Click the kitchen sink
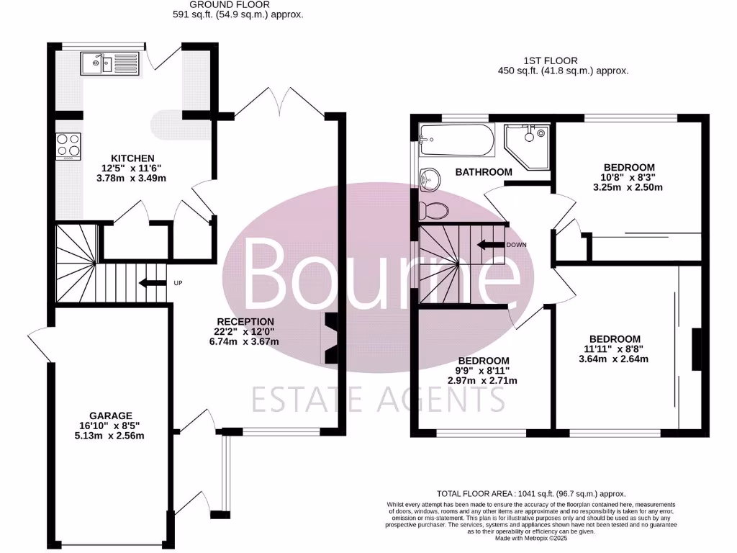[x=104, y=63]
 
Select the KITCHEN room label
[x=132, y=158]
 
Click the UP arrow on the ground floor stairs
[x=153, y=283]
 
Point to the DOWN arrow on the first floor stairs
[x=493, y=245]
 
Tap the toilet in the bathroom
[x=434, y=210]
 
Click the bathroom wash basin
[x=431, y=177]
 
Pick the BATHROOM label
[x=484, y=172]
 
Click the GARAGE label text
[x=110, y=415]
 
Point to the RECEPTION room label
[x=247, y=321]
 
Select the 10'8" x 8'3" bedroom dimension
[x=629, y=177]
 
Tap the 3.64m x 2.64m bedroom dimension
[x=615, y=360]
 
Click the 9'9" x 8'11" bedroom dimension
[x=484, y=371]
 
